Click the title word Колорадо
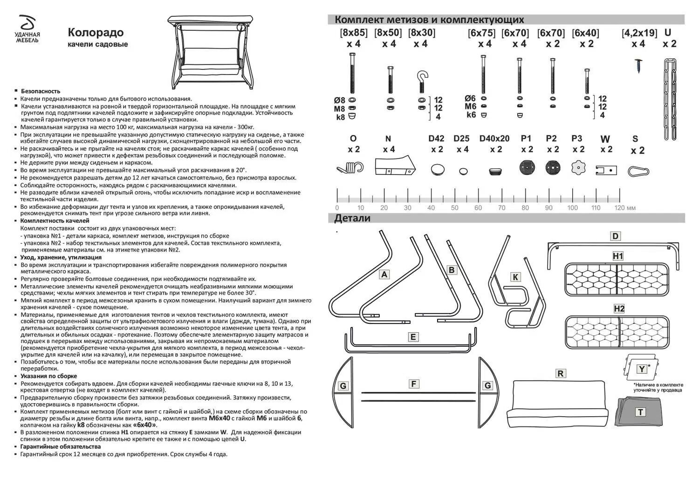pyautogui.click(x=96, y=32)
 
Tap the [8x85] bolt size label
pyautogui.click(x=353, y=33)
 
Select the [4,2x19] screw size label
pyautogui.click(x=639, y=33)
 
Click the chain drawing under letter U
pyautogui.click(x=670, y=99)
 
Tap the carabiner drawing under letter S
pyautogui.click(x=638, y=171)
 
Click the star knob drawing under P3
pyautogui.click(x=578, y=167)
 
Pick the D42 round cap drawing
pyautogui.click(x=437, y=169)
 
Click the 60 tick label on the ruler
pyautogui.click(x=478, y=208)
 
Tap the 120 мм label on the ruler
pyautogui.click(x=624, y=208)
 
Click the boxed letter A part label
pyautogui.click(x=384, y=274)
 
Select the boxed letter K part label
pyautogui.click(x=515, y=277)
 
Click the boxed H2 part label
pyautogui.click(x=619, y=309)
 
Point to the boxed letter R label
pyautogui.click(x=561, y=373)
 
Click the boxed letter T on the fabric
pyautogui.click(x=641, y=412)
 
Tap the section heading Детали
pyautogui.click(x=352, y=218)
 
